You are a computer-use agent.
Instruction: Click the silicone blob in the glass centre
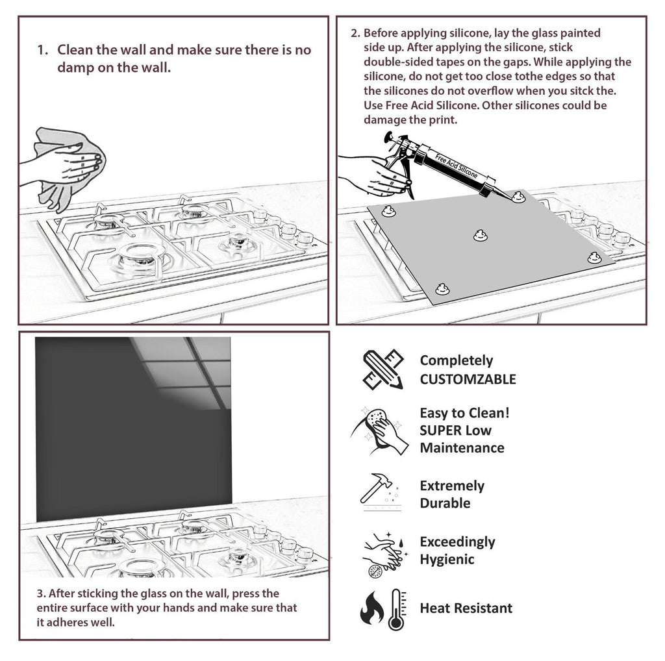(480, 236)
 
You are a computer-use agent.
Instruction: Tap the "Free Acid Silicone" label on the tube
(456, 166)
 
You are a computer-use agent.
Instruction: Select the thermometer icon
(395, 609)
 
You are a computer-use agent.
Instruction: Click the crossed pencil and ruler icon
(383, 369)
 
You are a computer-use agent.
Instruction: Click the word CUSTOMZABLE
(468, 379)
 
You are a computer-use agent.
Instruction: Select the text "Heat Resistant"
(466, 608)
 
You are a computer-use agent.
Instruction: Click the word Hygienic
(447, 559)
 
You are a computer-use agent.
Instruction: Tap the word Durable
(445, 503)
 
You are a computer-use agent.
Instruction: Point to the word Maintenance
(462, 447)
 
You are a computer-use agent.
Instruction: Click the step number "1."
(42, 50)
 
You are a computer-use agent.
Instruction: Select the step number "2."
(355, 33)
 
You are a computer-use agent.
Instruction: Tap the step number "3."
(40, 593)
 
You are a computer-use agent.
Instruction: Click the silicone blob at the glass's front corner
(442, 288)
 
